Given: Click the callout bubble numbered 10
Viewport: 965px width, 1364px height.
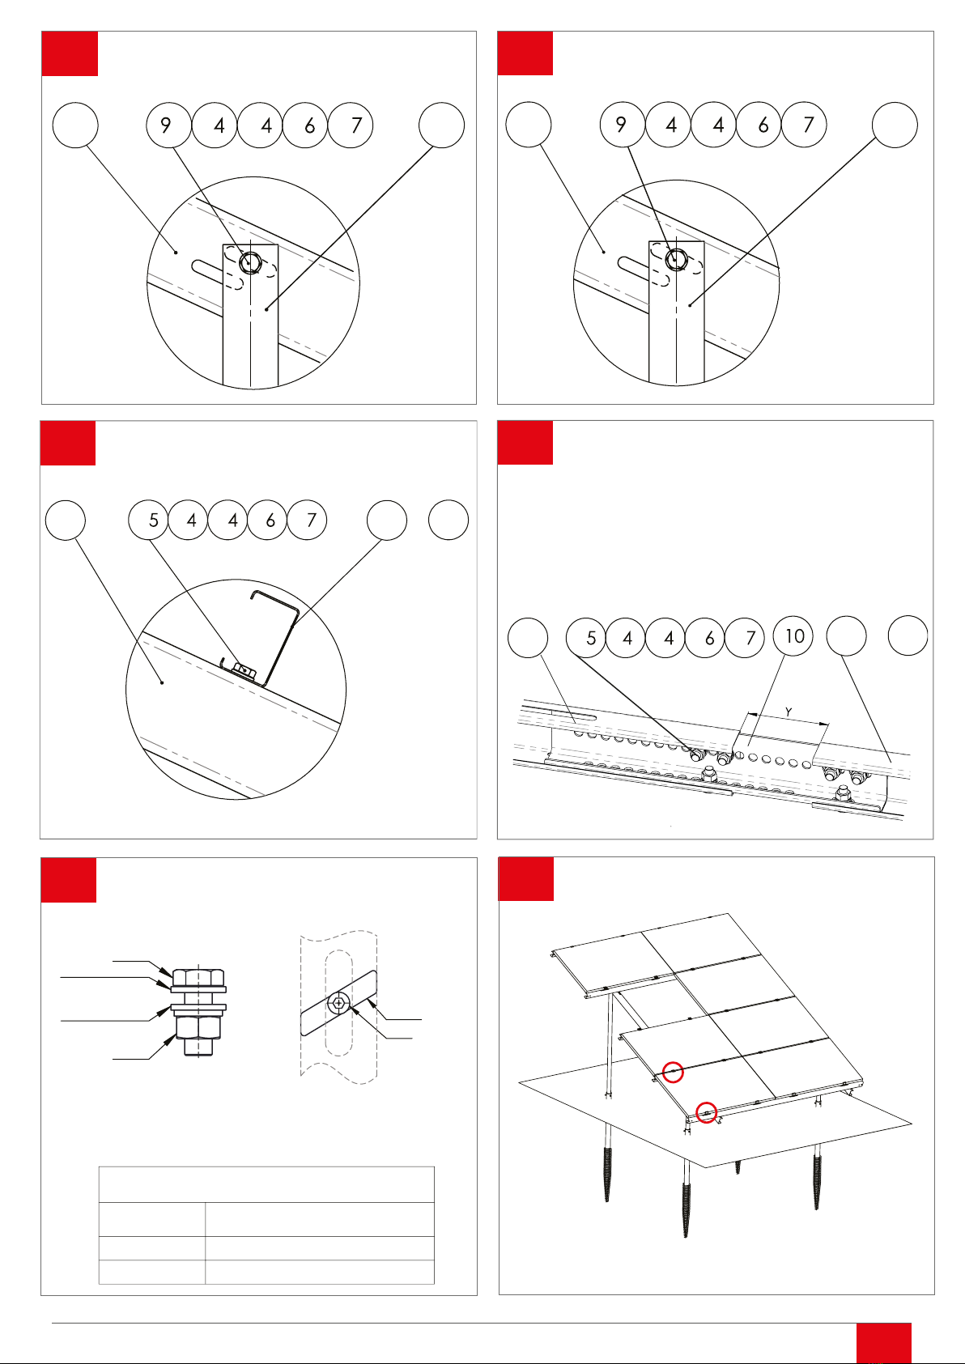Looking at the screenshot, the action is (793, 636).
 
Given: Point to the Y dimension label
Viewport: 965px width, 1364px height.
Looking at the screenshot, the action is (789, 712).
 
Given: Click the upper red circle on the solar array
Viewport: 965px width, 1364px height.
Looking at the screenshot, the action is (673, 1072).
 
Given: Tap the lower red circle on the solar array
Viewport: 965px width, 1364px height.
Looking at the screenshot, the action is (706, 1113).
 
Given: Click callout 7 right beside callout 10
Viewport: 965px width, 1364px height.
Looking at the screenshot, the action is (745, 638).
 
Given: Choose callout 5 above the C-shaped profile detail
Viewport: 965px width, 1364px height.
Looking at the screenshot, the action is (149, 520).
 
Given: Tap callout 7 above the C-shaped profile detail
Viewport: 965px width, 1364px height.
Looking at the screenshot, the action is (307, 520).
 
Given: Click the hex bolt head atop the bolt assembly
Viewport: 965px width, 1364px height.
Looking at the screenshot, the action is (198, 977).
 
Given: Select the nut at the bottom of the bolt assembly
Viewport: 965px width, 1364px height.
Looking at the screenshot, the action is (198, 1026).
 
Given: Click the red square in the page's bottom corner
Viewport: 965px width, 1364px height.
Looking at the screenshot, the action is (883, 1343).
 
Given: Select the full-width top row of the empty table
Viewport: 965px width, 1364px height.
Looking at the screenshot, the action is (266, 1184).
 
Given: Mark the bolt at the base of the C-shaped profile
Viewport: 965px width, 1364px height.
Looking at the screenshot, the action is (244, 672).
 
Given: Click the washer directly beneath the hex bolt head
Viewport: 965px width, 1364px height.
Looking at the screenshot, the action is (198, 989).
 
